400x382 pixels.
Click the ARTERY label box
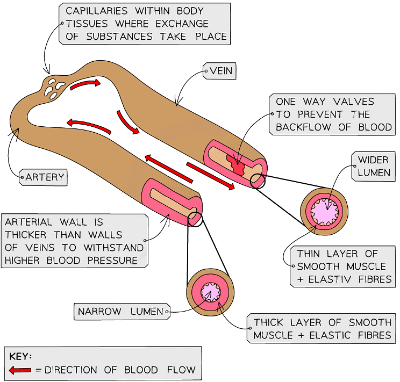(x=44, y=177)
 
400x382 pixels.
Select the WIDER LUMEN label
(x=373, y=167)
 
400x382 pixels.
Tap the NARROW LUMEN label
(x=120, y=312)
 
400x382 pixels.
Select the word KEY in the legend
(x=20, y=356)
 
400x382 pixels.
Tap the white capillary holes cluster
(x=54, y=88)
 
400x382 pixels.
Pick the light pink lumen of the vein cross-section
(x=327, y=210)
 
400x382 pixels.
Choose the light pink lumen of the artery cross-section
(x=210, y=292)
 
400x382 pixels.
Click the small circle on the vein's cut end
(x=258, y=181)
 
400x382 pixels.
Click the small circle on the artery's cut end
(x=195, y=219)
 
